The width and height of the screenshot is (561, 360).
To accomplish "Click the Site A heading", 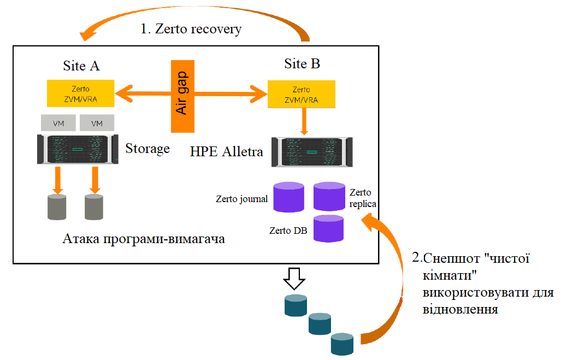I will coord(81,66).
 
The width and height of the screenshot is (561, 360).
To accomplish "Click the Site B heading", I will coord(302,64).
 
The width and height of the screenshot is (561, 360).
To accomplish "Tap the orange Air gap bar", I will coord(182,96).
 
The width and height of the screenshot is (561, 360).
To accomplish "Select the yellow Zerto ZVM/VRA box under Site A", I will coord(80,93).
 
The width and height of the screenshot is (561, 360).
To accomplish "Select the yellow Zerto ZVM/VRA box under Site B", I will coord(301,93).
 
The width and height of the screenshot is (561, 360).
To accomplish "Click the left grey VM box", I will coord(58,123).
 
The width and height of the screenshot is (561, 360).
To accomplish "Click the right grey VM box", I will coord(97,123).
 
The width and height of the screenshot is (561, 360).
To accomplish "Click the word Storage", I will coord(147,149).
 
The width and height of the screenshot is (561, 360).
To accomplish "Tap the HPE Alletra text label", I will coord(227,151).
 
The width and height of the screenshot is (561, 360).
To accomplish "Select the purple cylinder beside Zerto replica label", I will coord(329,196).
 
